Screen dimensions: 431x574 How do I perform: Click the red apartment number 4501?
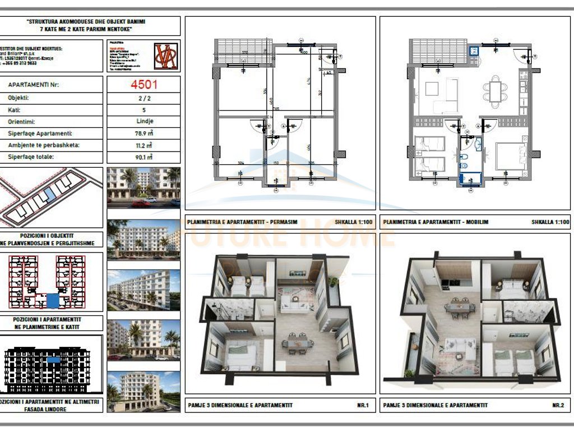143,85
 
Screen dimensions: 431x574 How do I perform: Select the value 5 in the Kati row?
143,109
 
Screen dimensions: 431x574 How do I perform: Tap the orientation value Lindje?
143,121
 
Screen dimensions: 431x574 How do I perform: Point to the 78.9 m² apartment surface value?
143,134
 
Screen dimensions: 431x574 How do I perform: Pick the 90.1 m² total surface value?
143,158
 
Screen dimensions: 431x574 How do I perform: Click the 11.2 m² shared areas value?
143,145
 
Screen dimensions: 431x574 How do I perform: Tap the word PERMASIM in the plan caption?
270,222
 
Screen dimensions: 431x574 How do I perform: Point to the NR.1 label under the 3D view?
362,405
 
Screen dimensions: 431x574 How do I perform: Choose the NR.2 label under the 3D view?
557,405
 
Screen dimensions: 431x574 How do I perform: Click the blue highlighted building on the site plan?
50,195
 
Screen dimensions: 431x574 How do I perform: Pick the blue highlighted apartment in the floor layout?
52,300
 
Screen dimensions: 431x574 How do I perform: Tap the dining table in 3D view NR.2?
460,307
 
